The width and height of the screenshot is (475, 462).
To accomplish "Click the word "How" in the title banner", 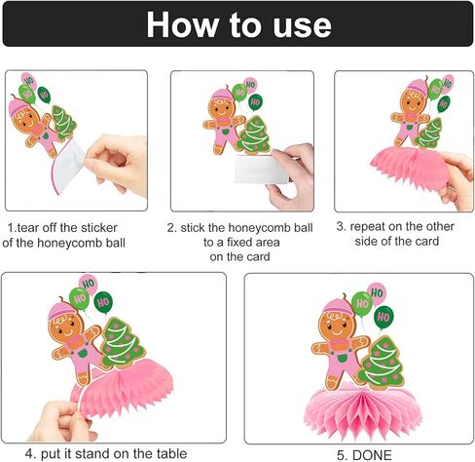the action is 183,25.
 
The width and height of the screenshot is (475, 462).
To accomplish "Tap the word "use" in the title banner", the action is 302,26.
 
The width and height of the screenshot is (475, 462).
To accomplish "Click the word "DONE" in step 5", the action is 372,455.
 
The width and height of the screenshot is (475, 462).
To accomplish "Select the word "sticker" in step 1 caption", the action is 99,228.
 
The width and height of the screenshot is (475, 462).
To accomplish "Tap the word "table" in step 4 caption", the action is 171,453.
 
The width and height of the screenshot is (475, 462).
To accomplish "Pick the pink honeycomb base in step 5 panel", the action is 363,410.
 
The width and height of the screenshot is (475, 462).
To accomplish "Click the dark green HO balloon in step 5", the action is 384,317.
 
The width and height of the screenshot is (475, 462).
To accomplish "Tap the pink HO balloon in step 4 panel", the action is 89,284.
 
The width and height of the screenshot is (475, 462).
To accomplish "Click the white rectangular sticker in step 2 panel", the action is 261,170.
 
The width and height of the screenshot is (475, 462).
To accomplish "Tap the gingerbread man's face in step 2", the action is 223,106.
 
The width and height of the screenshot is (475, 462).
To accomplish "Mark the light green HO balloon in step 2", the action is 239,93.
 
